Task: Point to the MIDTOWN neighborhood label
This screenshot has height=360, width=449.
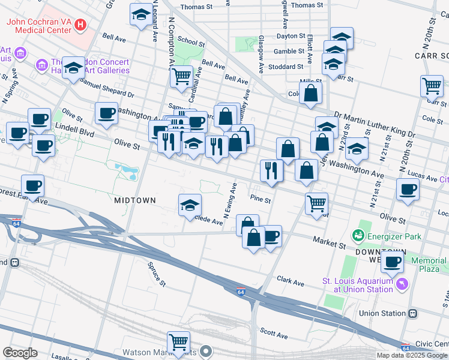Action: pos(135,200)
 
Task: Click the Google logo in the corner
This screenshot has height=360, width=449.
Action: pos(20,353)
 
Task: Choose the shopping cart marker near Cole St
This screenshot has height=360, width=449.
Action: pos(432,86)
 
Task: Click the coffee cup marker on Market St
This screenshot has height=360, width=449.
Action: pos(271,236)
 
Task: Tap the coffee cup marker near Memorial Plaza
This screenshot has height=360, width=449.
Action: pos(393,262)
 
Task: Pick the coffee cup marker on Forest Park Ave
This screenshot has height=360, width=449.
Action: pos(32,186)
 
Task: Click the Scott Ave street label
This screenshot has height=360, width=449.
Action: pos(274,331)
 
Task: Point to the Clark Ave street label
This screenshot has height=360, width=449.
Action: pos(291,281)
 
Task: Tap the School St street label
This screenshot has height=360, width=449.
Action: pos(191,42)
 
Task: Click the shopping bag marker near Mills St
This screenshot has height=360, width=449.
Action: pos(310,94)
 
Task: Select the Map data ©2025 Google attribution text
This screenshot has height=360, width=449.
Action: pos(412,355)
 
